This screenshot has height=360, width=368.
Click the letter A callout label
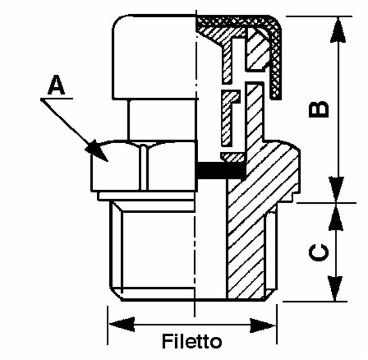pyautogui.click(x=56, y=85)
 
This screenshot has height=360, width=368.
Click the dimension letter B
pyautogui.click(x=319, y=109)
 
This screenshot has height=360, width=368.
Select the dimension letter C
pyautogui.click(x=319, y=253)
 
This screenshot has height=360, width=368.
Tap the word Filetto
pyautogui.click(x=192, y=341)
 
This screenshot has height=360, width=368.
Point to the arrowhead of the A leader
pyautogui.click(x=97, y=151)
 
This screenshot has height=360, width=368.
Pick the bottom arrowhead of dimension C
pyautogui.click(x=335, y=288)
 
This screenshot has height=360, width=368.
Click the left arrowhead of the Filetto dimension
pyautogui.click(x=122, y=325)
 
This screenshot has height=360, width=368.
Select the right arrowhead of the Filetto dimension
pyautogui.click(x=262, y=325)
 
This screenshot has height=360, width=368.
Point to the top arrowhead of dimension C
pyautogui.click(x=336, y=216)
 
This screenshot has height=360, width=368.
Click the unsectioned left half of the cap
pyautogui.click(x=154, y=57)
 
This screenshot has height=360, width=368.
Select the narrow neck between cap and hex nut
pyautogui.click(x=162, y=120)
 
